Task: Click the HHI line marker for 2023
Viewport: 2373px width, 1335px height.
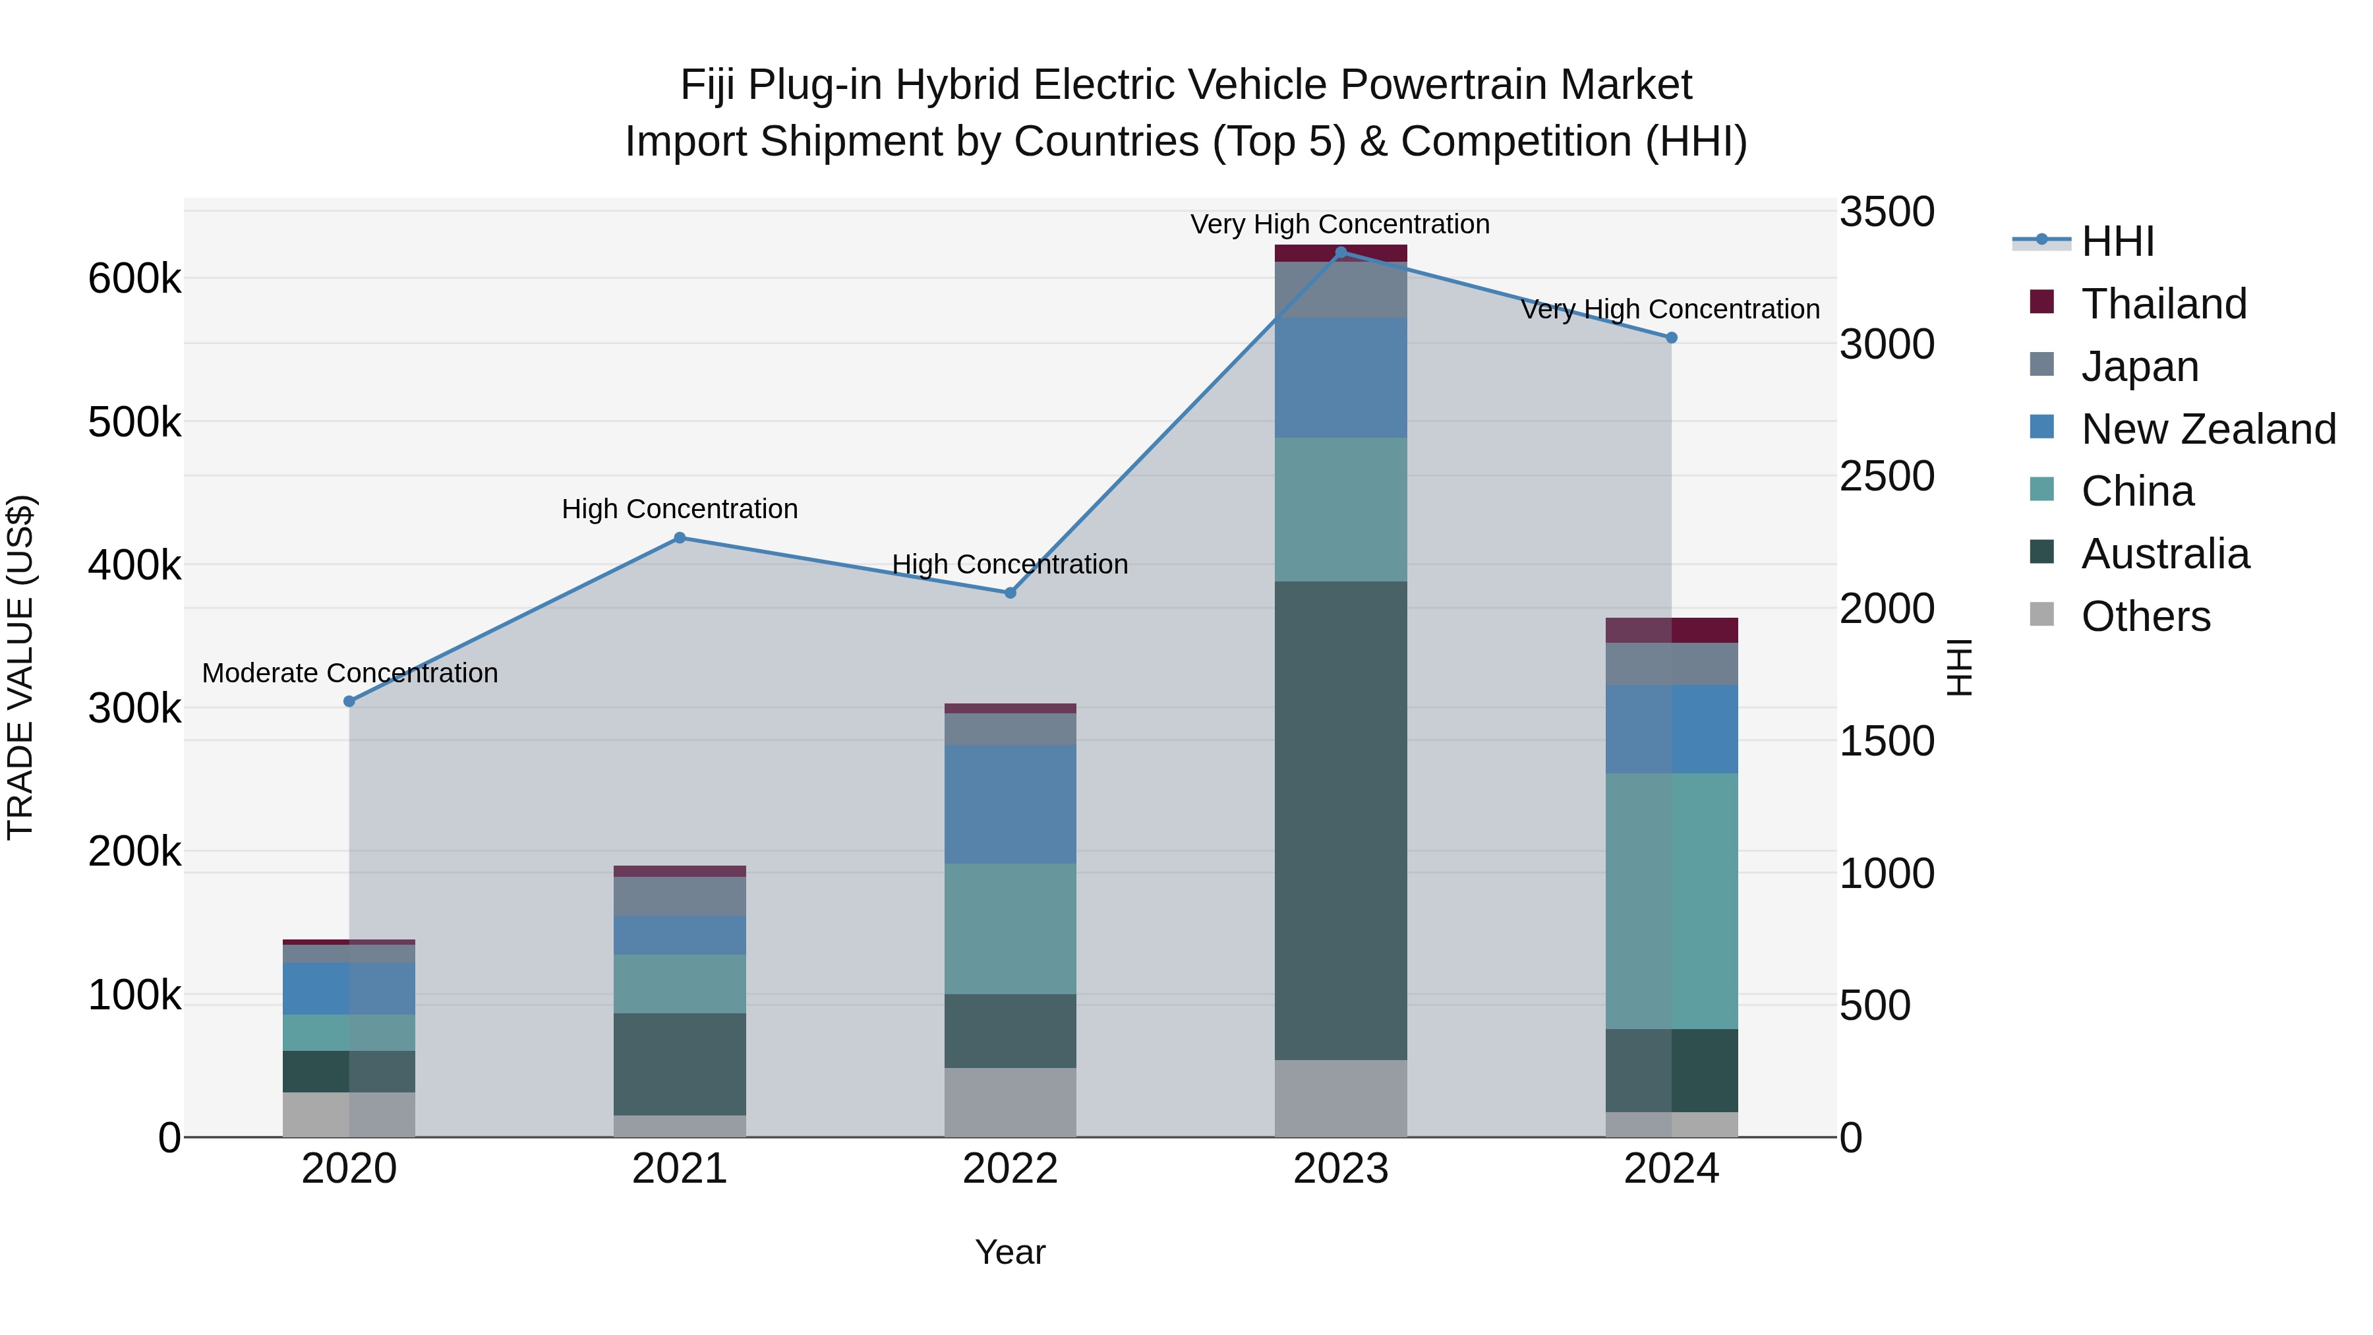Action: (x=1340, y=252)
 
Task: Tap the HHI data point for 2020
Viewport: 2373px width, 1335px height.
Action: (x=349, y=701)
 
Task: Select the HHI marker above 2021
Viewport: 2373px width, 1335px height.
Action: (x=680, y=538)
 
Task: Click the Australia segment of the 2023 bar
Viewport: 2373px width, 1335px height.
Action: (x=1340, y=820)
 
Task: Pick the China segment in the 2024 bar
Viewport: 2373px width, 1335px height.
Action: (x=1671, y=901)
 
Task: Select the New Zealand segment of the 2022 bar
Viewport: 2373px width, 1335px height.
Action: (x=1010, y=804)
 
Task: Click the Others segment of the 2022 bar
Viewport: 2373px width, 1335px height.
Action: (x=1010, y=1102)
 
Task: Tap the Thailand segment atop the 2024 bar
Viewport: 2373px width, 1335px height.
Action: (x=1671, y=630)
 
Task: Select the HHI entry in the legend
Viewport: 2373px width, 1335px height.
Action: (x=2117, y=241)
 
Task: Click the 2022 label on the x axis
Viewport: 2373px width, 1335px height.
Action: (x=1010, y=1169)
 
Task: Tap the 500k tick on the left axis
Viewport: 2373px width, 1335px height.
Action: (x=134, y=423)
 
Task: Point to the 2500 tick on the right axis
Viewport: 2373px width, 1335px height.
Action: (x=1887, y=477)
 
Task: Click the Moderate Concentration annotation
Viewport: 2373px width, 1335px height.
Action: (x=349, y=674)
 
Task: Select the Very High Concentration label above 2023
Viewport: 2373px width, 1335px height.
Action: (x=1339, y=225)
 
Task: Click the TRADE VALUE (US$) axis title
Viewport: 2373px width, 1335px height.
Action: (x=21, y=667)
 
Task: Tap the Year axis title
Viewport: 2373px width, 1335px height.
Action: (x=1010, y=1252)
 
